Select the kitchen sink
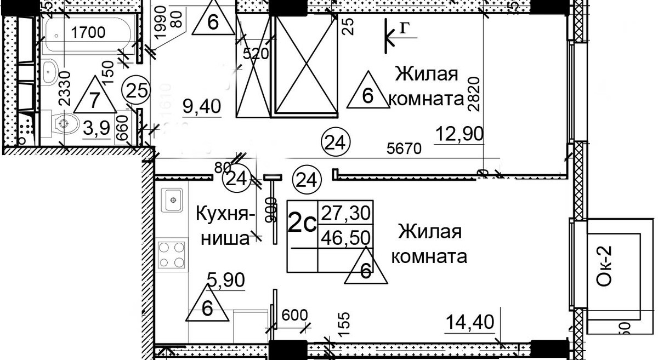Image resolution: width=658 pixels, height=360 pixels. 173,199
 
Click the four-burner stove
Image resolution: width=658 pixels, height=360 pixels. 172,254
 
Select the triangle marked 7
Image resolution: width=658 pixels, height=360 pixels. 94,100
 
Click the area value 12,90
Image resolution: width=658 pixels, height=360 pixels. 460,133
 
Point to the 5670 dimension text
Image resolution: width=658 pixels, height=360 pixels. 405,149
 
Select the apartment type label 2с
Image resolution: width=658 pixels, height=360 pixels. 302,224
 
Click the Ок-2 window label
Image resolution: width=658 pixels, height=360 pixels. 605,266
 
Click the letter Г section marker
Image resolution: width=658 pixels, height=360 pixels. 403,31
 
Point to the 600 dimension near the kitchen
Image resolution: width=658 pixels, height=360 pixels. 295,316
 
